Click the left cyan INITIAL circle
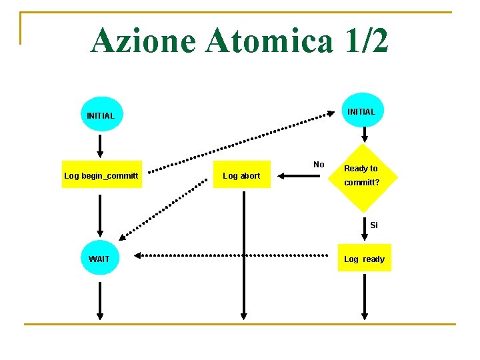coord(101,115)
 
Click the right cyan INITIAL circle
coord(362,111)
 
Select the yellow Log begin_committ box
coord(101,175)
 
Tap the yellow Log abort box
coord(242,175)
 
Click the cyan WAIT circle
coord(100,259)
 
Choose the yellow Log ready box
coord(364,259)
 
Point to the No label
coord(319,165)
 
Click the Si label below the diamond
coord(374,225)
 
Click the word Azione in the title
coord(142,41)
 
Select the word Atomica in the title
coord(269,41)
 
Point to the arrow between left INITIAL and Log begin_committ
coord(100,144)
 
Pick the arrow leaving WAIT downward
coord(100,299)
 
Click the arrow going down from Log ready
coord(365,296)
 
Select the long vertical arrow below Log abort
coord(243,253)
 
